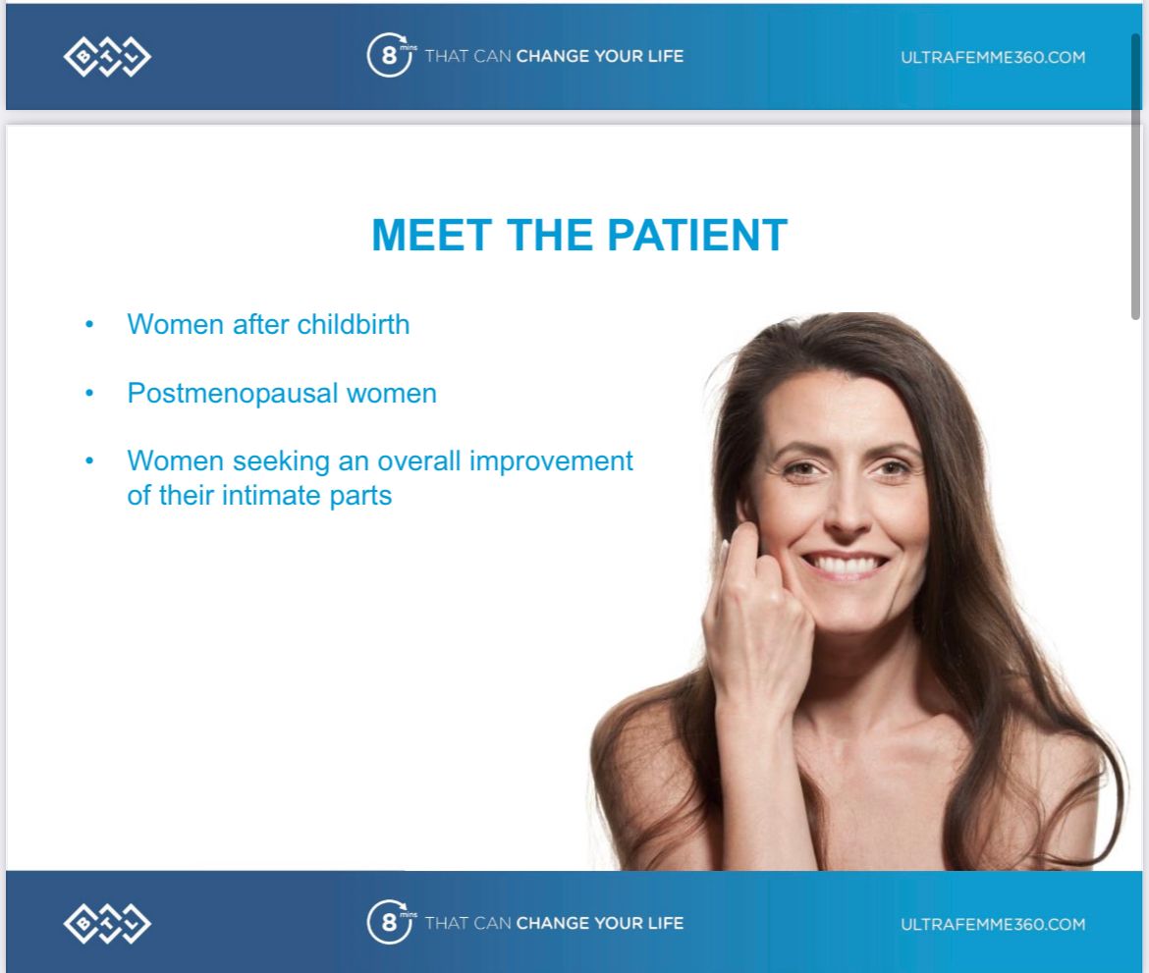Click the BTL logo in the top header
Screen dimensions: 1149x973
pyautogui.click(x=107, y=56)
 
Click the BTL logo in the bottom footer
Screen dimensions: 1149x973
pyautogui.click(x=107, y=923)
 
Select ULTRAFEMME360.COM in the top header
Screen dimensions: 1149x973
pyautogui.click(x=993, y=57)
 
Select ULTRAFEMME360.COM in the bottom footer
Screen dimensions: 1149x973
pyautogui.click(x=993, y=924)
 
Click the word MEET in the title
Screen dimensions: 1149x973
pyautogui.click(x=431, y=236)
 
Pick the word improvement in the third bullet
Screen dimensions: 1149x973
pyautogui.click(x=551, y=461)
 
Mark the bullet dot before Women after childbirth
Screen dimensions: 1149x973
pyautogui.click(x=89, y=325)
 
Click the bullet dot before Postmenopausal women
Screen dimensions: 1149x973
pyautogui.click(x=89, y=394)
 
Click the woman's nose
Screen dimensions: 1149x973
pyautogui.click(x=847, y=506)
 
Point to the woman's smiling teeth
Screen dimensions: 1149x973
pyautogui.click(x=845, y=565)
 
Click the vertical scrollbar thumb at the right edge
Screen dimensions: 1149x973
pyautogui.click(x=1136, y=176)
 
